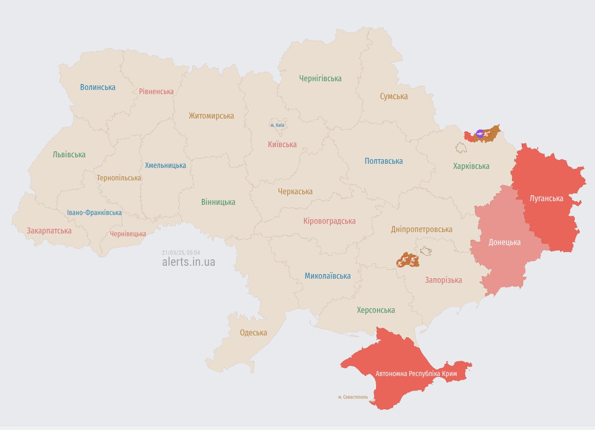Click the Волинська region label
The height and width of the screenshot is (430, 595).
pos(98,87)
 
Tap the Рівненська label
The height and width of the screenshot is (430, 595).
pos(156,91)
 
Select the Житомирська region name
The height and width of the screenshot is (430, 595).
pos(211,116)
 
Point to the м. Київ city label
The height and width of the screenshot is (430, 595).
pos(277,125)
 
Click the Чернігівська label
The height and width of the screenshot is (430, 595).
pos(320,78)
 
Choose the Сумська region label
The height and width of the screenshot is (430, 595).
pos(394,96)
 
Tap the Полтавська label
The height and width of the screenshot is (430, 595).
pos(383,161)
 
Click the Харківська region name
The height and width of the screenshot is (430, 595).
pos(471,166)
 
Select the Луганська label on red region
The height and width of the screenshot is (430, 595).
pos(546,198)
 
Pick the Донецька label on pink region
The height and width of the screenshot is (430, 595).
pos(504,242)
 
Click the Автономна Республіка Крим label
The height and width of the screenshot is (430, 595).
pos(416,373)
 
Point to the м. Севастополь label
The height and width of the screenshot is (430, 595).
pos(353,397)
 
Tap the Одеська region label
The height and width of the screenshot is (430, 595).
pos(253,333)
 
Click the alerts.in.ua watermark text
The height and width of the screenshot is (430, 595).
pos(189,262)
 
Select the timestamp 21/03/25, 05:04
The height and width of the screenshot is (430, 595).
pos(181,253)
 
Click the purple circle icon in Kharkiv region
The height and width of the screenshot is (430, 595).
pos(480,134)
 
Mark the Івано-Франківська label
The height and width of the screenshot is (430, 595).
pos(94,213)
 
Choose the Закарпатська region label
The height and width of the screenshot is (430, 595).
pos(49,231)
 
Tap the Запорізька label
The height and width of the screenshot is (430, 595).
pos(443,280)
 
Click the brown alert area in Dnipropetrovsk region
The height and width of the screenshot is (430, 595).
pos(407,260)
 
